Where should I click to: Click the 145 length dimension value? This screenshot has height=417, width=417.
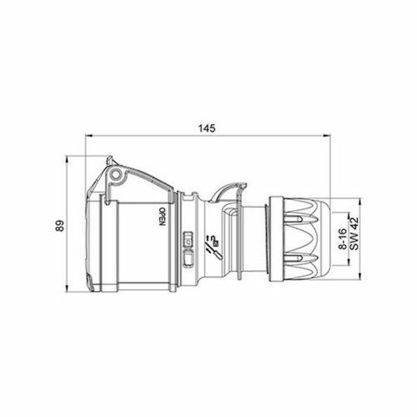pyautogui.click(x=207, y=128)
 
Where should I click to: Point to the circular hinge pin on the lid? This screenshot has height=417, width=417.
pyautogui.click(x=116, y=177)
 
